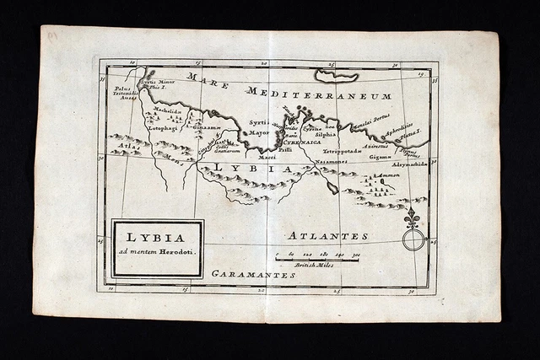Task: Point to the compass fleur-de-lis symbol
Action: (412, 220)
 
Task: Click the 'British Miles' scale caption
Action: (314, 265)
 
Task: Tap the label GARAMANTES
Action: (253, 275)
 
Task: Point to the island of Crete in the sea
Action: (337, 76)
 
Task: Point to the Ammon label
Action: (387, 175)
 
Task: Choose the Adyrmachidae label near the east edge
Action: (409, 164)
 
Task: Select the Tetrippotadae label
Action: (342, 151)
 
